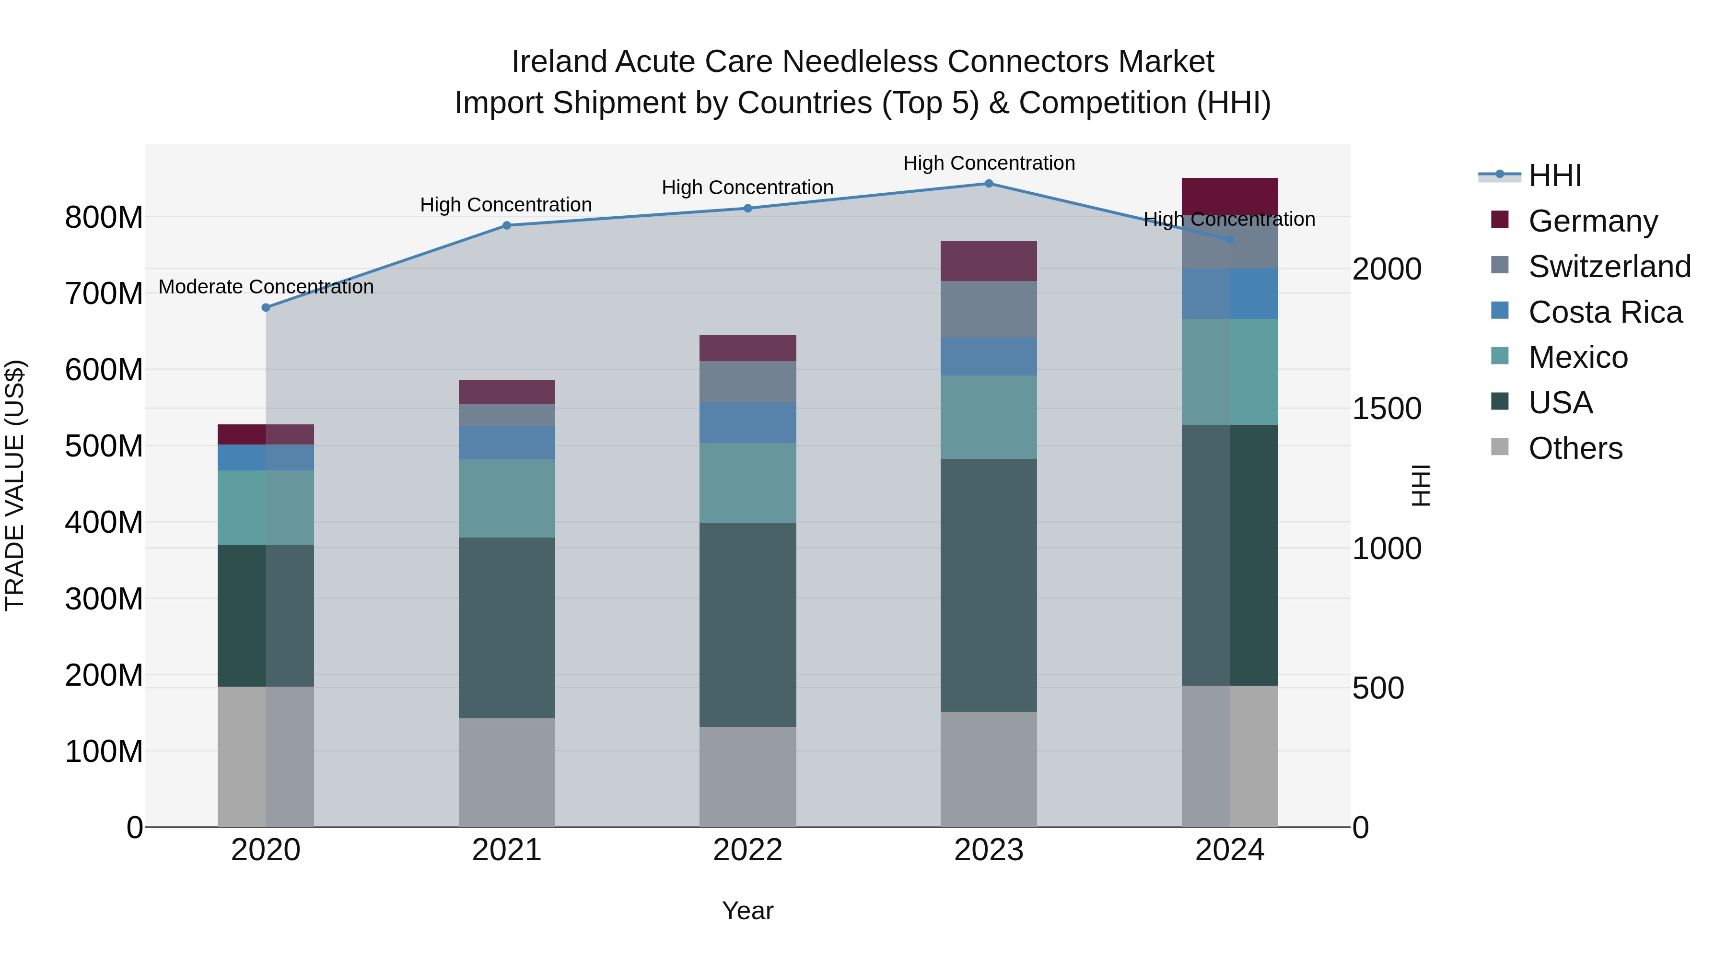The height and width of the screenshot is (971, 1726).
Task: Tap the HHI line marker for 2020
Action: pos(266,307)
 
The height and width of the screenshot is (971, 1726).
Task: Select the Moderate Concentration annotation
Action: pos(266,287)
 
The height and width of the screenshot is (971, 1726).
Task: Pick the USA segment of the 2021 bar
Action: pos(507,627)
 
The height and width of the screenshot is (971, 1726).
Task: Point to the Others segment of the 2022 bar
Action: pos(748,777)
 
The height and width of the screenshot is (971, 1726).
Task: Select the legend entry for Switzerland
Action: pos(1609,267)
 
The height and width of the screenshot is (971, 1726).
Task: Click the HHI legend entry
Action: pos(1554,175)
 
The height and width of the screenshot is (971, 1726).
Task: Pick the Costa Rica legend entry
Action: pos(1605,312)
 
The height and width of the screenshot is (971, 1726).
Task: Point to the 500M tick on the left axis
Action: pos(104,445)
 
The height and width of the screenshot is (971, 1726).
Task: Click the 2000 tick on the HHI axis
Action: pos(1386,269)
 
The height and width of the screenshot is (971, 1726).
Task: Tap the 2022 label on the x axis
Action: pos(748,850)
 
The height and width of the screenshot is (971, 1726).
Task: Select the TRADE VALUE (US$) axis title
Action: pos(15,485)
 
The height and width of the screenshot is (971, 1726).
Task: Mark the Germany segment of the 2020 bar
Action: pos(266,434)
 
